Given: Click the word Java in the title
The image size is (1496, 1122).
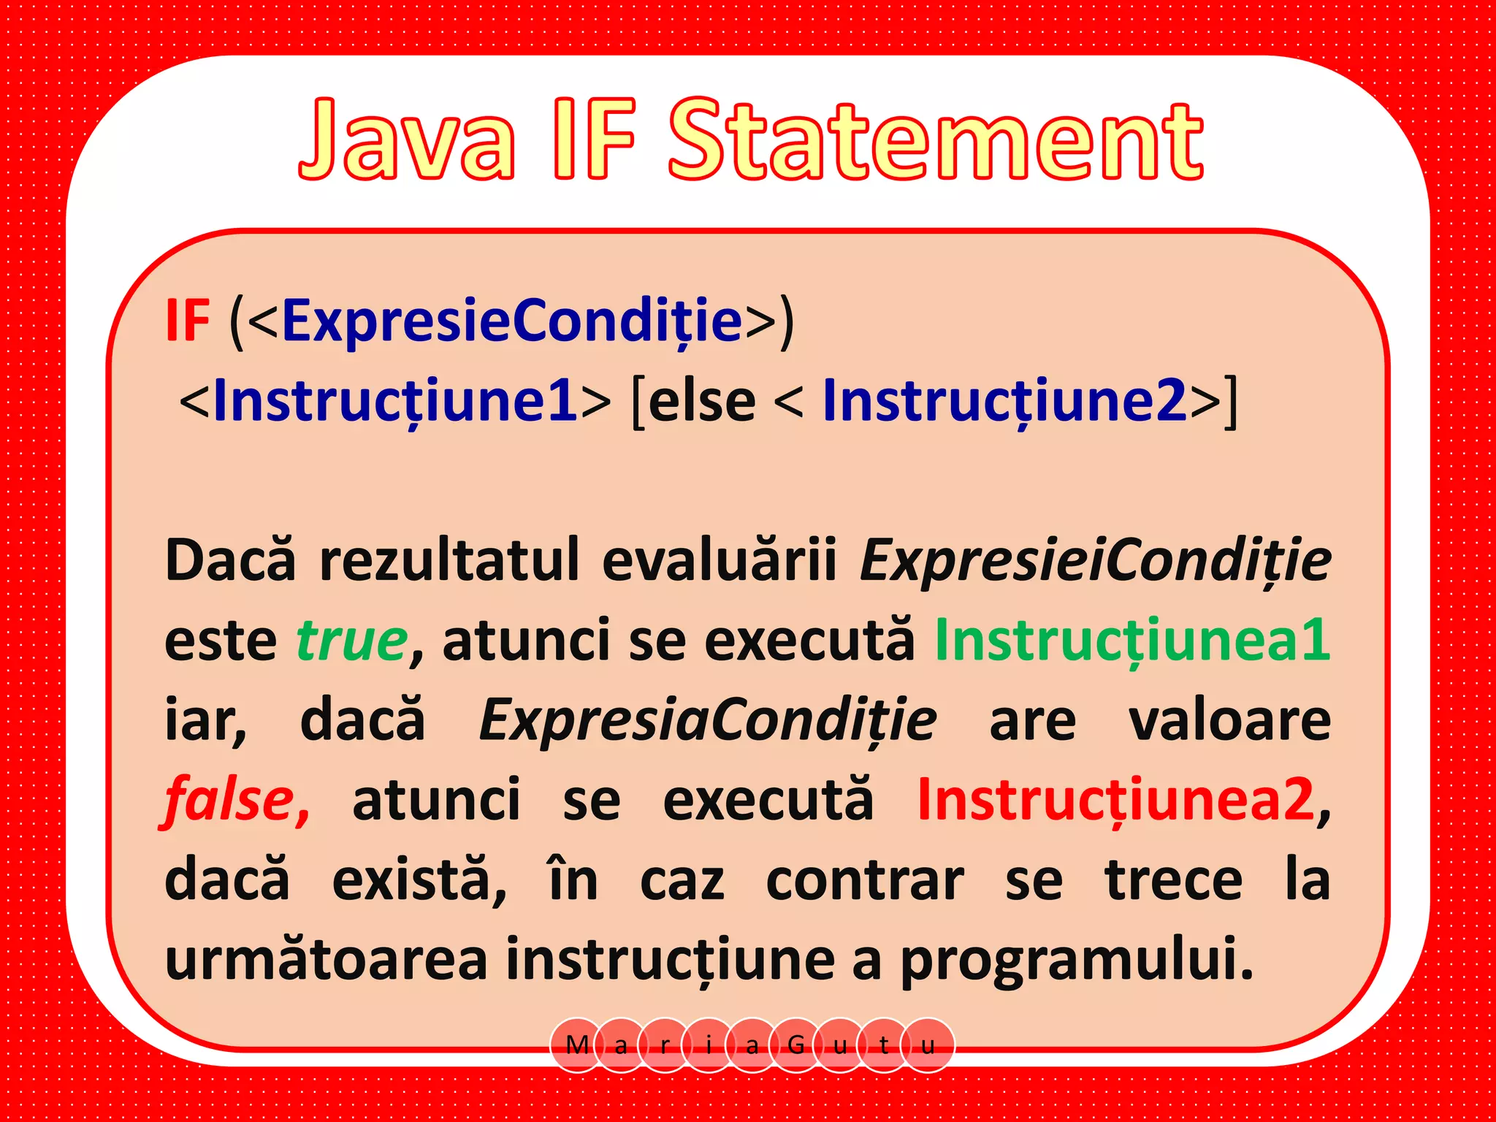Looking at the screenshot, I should pos(407,140).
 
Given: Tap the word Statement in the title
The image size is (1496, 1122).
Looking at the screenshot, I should pos(935,140).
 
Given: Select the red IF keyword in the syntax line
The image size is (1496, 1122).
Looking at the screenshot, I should pos(188,321).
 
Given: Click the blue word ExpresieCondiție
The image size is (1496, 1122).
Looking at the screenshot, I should pos(512,321).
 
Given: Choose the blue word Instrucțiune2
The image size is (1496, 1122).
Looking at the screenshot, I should pos(1004,401).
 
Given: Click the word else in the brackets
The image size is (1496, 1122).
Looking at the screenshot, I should pos(701,402).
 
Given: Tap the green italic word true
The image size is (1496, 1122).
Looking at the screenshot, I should pos(352,640).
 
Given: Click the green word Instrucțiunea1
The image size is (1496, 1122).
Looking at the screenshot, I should pos(1132,640).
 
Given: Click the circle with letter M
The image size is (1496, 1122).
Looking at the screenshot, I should pos(577,1045).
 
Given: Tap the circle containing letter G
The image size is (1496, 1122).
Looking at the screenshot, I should pos(796,1045).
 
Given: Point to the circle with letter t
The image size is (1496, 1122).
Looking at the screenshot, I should pos(884,1045).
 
